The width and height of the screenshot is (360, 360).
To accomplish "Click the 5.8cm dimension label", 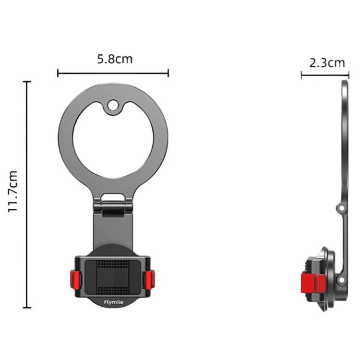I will point(115,60).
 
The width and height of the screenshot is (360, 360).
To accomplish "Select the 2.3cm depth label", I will point(327,62).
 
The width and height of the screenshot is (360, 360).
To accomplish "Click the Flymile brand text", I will point(113,302).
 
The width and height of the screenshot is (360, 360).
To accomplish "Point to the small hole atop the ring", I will point(113,104).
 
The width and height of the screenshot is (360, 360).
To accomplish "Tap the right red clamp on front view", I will point(150,279).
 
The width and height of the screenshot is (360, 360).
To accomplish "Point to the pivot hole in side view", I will point(340,208).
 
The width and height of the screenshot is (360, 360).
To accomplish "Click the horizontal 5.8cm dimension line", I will point(113,73).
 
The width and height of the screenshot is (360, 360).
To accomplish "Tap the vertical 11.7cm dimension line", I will point(27,192).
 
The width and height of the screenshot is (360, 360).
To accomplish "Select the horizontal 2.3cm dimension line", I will point(324,74).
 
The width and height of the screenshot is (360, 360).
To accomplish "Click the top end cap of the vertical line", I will point(27,82).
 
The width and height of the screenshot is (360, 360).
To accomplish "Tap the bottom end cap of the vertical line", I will point(27,308).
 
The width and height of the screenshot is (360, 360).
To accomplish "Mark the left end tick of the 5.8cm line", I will point(58,73).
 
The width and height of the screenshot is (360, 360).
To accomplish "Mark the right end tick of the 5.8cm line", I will point(168,73).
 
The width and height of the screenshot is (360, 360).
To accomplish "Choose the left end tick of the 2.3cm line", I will point(301,74).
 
